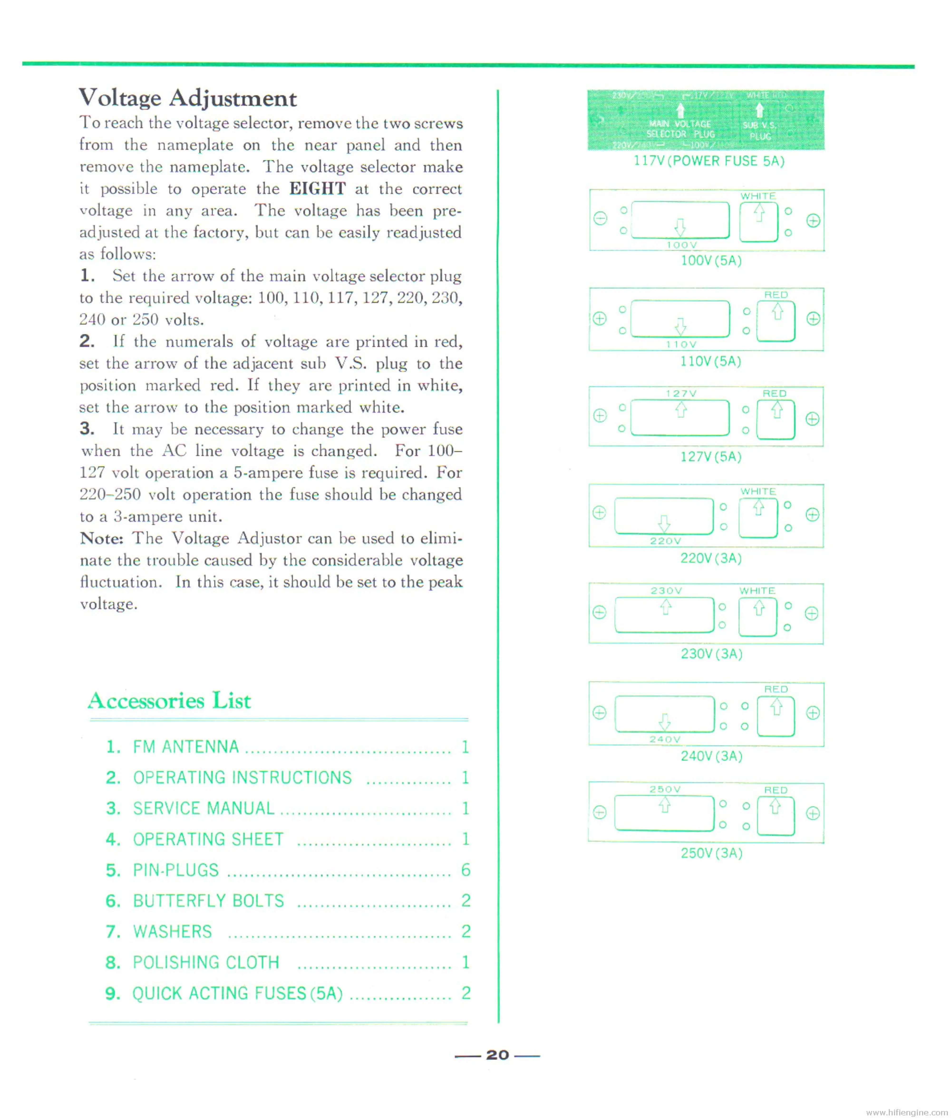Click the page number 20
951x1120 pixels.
(497, 1055)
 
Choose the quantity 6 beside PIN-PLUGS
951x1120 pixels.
(465, 870)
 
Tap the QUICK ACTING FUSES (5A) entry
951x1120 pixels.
(237, 993)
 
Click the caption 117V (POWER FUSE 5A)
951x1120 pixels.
(708, 161)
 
